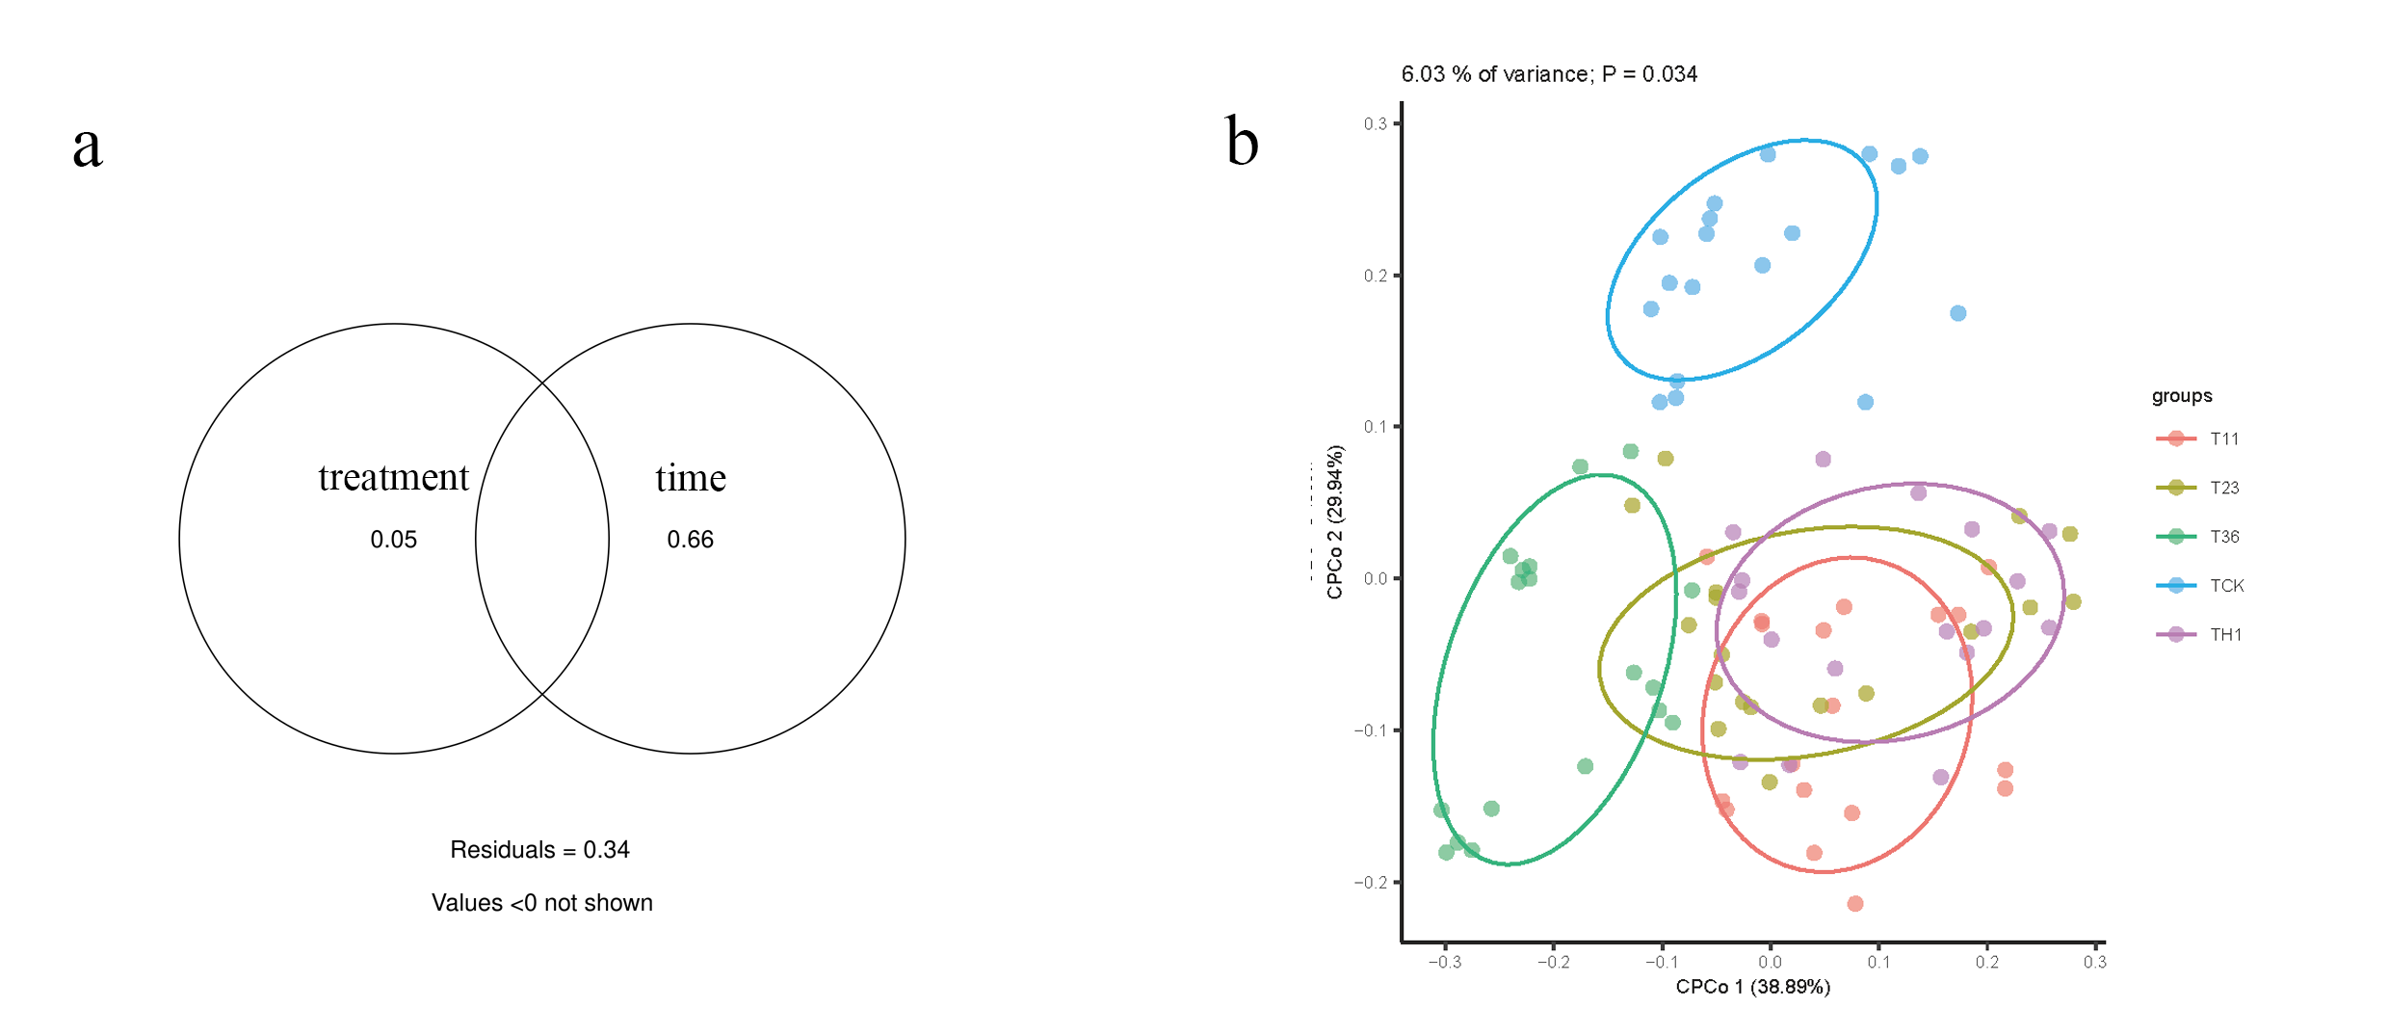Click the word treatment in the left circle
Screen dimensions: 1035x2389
[x=393, y=478]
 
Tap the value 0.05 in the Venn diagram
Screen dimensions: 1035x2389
[x=393, y=540]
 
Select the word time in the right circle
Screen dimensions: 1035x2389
[x=691, y=478]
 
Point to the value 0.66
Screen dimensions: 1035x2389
[x=690, y=540]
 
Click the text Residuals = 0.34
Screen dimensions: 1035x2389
[x=539, y=850]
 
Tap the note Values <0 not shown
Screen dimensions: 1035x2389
[x=541, y=903]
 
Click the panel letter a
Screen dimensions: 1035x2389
[x=88, y=146]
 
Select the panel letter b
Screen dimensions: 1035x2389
[x=1242, y=143]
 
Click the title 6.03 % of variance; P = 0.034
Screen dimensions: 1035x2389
[x=1549, y=74]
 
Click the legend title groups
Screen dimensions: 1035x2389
[x=2182, y=396]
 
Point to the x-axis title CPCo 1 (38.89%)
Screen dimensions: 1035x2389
[x=1753, y=987]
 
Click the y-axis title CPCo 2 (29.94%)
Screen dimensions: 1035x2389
[x=1335, y=522]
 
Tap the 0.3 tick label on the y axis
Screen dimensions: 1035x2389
[x=1375, y=124]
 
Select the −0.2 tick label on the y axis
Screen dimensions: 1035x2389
[x=1371, y=883]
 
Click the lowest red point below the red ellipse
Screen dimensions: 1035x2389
[x=1855, y=904]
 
